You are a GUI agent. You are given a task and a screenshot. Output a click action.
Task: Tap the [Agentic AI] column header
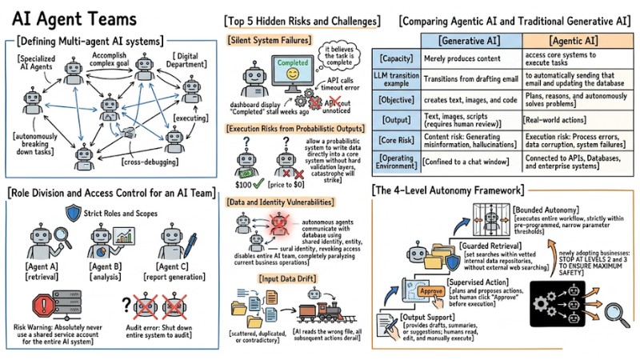[x=574, y=40]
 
